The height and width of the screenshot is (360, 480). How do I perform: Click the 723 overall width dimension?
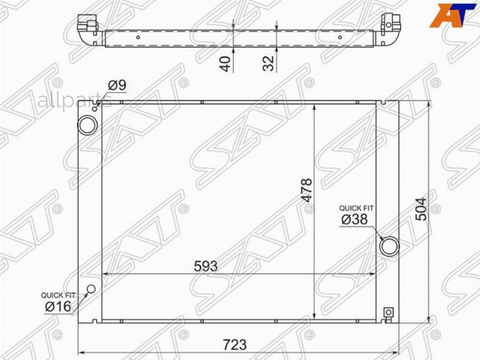tap(235, 345)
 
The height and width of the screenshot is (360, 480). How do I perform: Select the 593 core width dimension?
tap(206, 266)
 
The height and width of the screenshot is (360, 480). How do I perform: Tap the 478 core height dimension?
tap(307, 190)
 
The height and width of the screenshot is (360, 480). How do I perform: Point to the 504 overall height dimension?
tap(421, 209)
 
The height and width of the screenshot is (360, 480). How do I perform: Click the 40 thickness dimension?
tap(226, 63)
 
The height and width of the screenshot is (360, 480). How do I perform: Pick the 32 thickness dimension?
tap(268, 63)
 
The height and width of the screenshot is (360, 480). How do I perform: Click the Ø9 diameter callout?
tap(117, 85)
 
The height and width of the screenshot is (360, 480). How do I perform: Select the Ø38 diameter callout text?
tap(355, 220)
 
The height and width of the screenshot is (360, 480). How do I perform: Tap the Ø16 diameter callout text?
tap(58, 307)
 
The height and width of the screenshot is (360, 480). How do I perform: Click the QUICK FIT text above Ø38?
tap(356, 208)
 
